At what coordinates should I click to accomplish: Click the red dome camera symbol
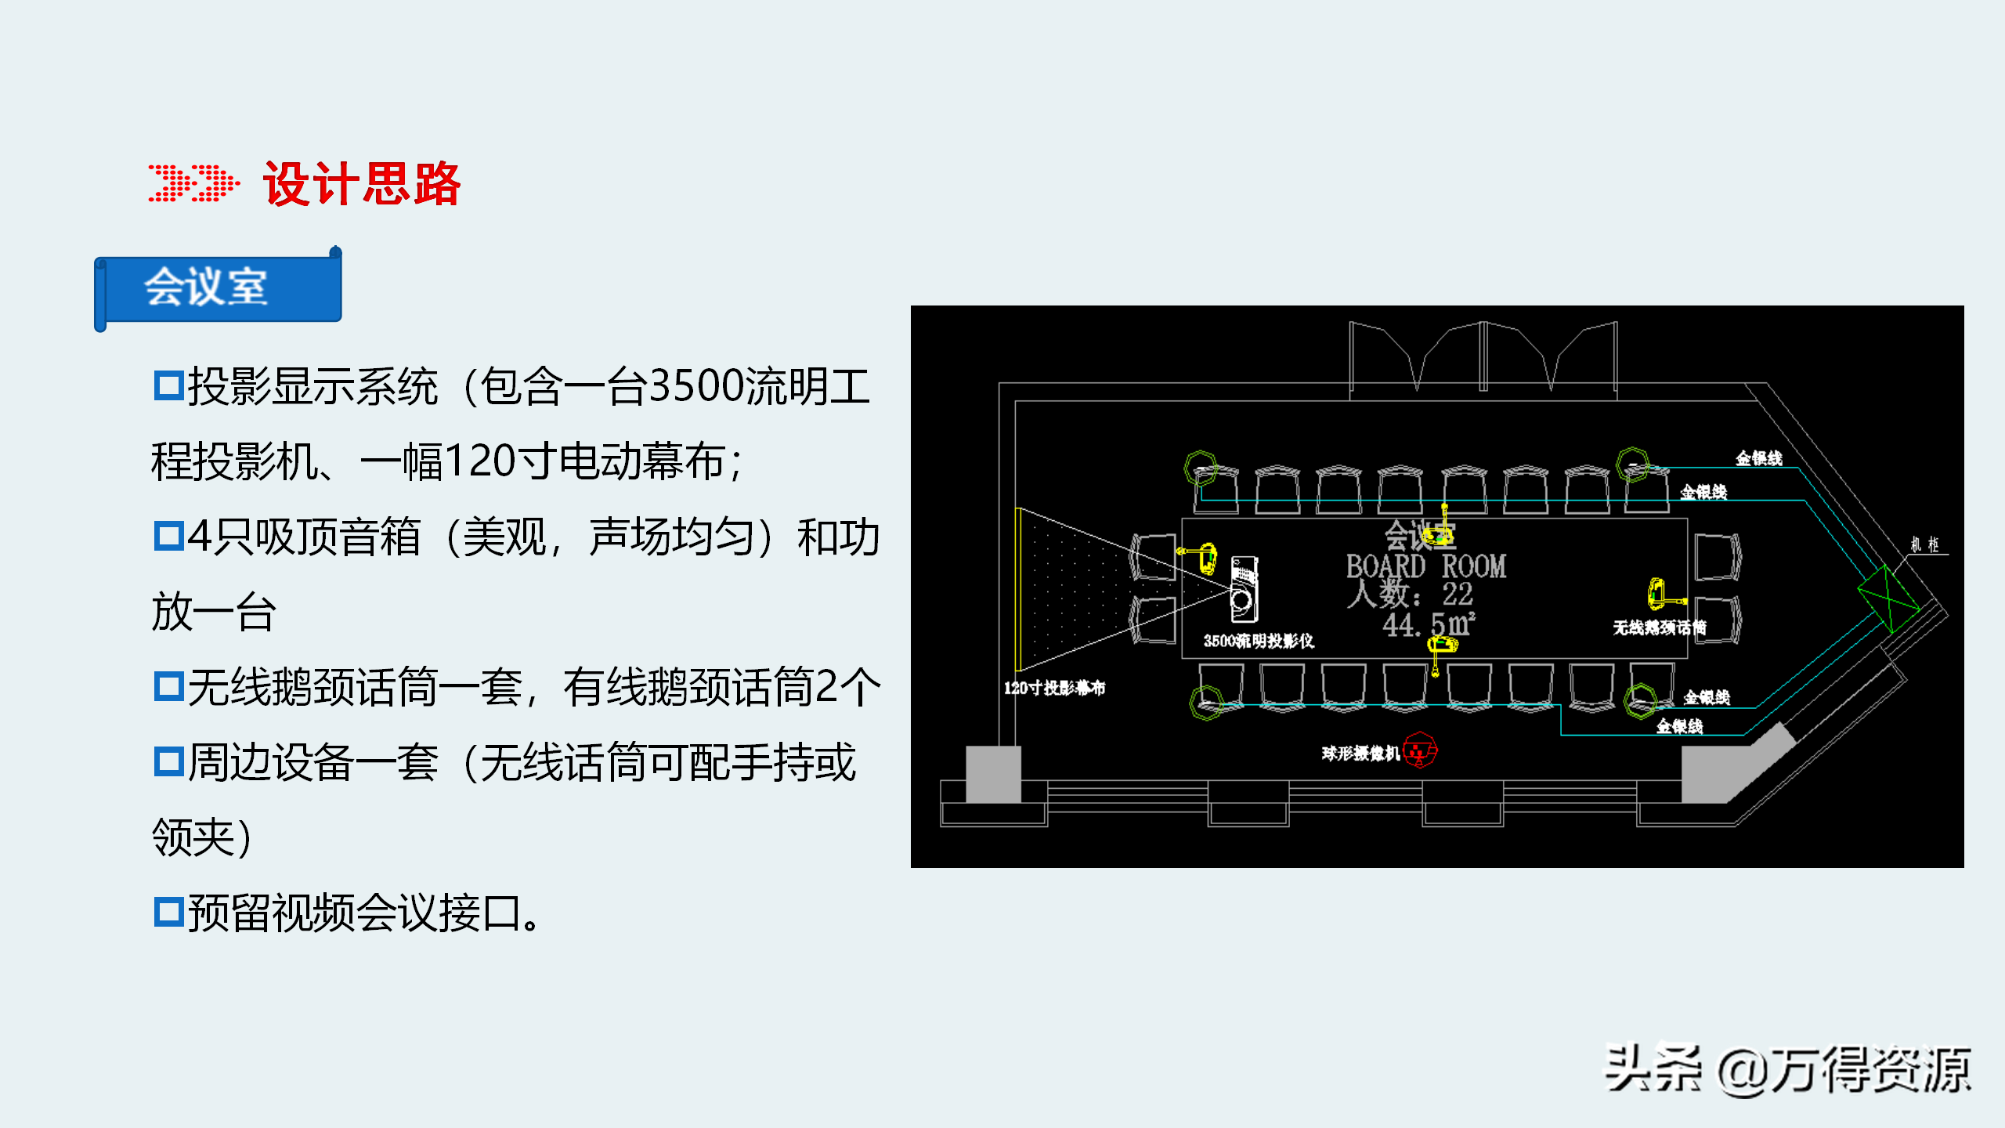[1420, 750]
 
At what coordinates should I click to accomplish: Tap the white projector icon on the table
[1243, 589]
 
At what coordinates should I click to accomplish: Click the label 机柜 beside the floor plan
[1924, 544]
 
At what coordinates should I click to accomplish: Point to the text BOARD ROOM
[1425, 566]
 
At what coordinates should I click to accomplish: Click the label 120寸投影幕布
[1054, 689]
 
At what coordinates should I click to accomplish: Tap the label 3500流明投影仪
[1259, 641]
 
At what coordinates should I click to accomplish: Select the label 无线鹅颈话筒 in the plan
[1659, 627]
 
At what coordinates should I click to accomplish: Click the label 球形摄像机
[1360, 754]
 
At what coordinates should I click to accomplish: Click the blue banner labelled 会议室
[219, 287]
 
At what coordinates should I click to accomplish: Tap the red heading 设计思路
[362, 185]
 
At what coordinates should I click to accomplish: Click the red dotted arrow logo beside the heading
[193, 183]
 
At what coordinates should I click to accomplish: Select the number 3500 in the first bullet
[695, 387]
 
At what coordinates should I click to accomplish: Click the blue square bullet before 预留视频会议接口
[168, 912]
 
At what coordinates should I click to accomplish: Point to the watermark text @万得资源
[1844, 1070]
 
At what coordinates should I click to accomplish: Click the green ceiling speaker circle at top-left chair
[1200, 468]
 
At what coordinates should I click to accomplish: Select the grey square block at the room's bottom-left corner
[993, 774]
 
